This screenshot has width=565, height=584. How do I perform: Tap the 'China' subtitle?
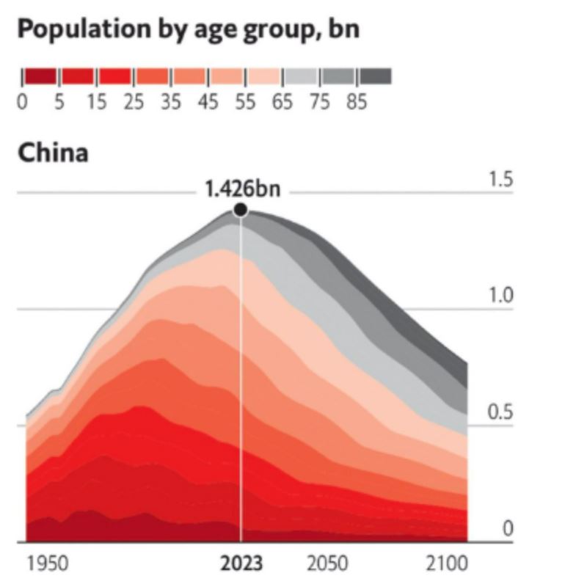coord(53,153)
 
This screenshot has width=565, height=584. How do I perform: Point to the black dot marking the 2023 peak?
coord(240,211)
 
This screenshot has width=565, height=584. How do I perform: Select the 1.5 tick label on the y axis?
coord(501,180)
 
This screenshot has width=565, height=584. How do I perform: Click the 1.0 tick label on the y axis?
coord(501,296)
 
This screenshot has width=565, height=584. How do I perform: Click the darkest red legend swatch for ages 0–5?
coord(40,76)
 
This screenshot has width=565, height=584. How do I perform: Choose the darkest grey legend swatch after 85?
coord(376,76)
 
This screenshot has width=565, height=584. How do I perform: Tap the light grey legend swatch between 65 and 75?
coord(301,76)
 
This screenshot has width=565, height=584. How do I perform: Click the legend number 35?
coord(171,102)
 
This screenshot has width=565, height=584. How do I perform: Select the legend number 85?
coord(357,102)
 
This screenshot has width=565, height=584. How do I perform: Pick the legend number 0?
coord(22,102)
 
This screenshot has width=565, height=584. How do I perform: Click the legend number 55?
coord(245,102)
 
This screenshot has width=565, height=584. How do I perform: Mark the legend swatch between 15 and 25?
coord(114,76)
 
